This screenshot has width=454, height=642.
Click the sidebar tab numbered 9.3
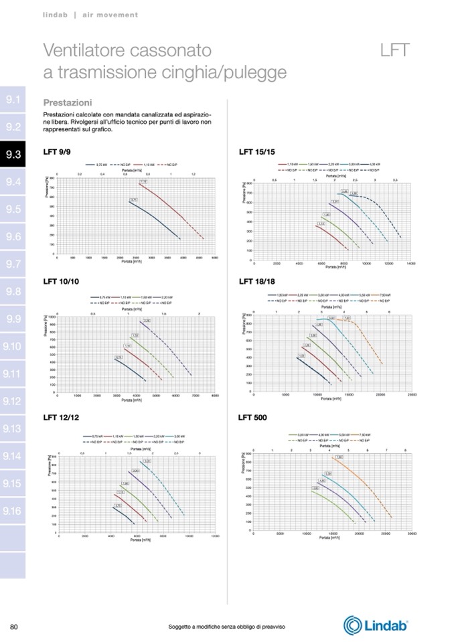pyautogui.click(x=13, y=155)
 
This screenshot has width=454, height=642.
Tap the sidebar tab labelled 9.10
pyautogui.click(x=13, y=346)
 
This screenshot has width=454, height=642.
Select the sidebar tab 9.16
pyautogui.click(x=13, y=511)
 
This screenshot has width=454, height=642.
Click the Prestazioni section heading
pyautogui.click(x=67, y=103)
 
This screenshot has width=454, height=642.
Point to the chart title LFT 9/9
pyautogui.click(x=57, y=152)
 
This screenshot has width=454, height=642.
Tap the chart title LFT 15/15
pyautogui.click(x=257, y=152)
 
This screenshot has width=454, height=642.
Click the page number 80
pyautogui.click(x=13, y=626)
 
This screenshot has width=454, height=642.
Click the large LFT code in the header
pyautogui.click(x=394, y=51)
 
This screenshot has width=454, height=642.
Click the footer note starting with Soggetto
pyautogui.click(x=226, y=626)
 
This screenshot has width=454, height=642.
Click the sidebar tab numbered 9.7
pyautogui.click(x=13, y=264)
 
